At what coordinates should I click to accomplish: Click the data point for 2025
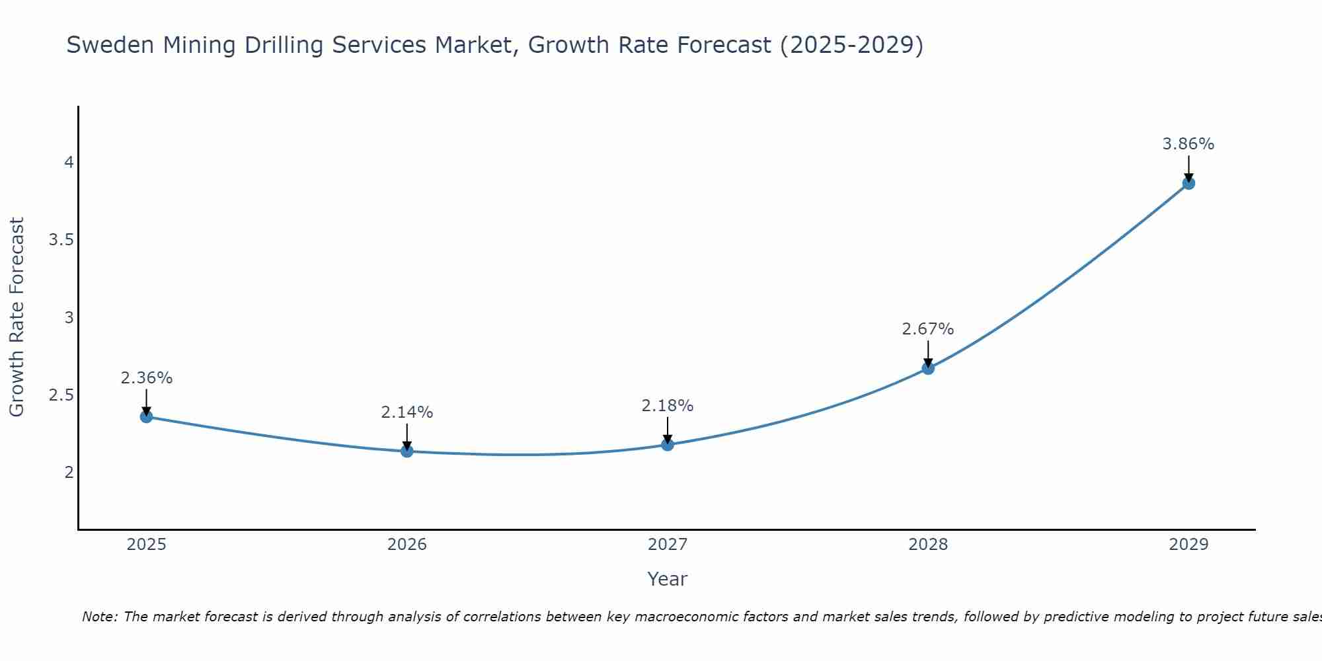pyautogui.click(x=146, y=416)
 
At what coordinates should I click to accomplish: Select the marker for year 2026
pyautogui.click(x=407, y=451)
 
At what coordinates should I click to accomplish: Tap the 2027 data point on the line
pyautogui.click(x=668, y=444)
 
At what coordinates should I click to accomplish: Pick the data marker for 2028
pyautogui.click(x=928, y=368)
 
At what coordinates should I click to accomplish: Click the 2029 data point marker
pyautogui.click(x=1188, y=183)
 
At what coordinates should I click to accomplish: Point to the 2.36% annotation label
pyautogui.click(x=146, y=378)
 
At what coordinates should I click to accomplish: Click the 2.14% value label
pyautogui.click(x=407, y=412)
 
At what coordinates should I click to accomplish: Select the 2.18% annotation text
pyautogui.click(x=668, y=406)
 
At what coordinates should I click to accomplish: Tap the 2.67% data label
pyautogui.click(x=928, y=329)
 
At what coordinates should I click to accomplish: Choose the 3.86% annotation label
pyautogui.click(x=1188, y=144)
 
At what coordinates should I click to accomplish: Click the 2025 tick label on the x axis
pyautogui.click(x=146, y=545)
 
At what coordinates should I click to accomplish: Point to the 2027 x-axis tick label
pyautogui.click(x=668, y=545)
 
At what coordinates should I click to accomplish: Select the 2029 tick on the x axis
pyautogui.click(x=1188, y=545)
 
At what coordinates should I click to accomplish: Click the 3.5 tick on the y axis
pyautogui.click(x=61, y=240)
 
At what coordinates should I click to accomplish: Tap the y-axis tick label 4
pyautogui.click(x=68, y=163)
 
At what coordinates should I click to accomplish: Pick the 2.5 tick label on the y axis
pyautogui.click(x=61, y=395)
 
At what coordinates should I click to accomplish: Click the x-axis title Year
pyautogui.click(x=668, y=579)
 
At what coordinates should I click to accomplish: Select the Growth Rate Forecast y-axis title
pyautogui.click(x=17, y=317)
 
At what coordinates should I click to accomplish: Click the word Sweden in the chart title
pyautogui.click(x=110, y=46)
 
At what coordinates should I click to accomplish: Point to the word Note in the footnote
pyautogui.click(x=100, y=617)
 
